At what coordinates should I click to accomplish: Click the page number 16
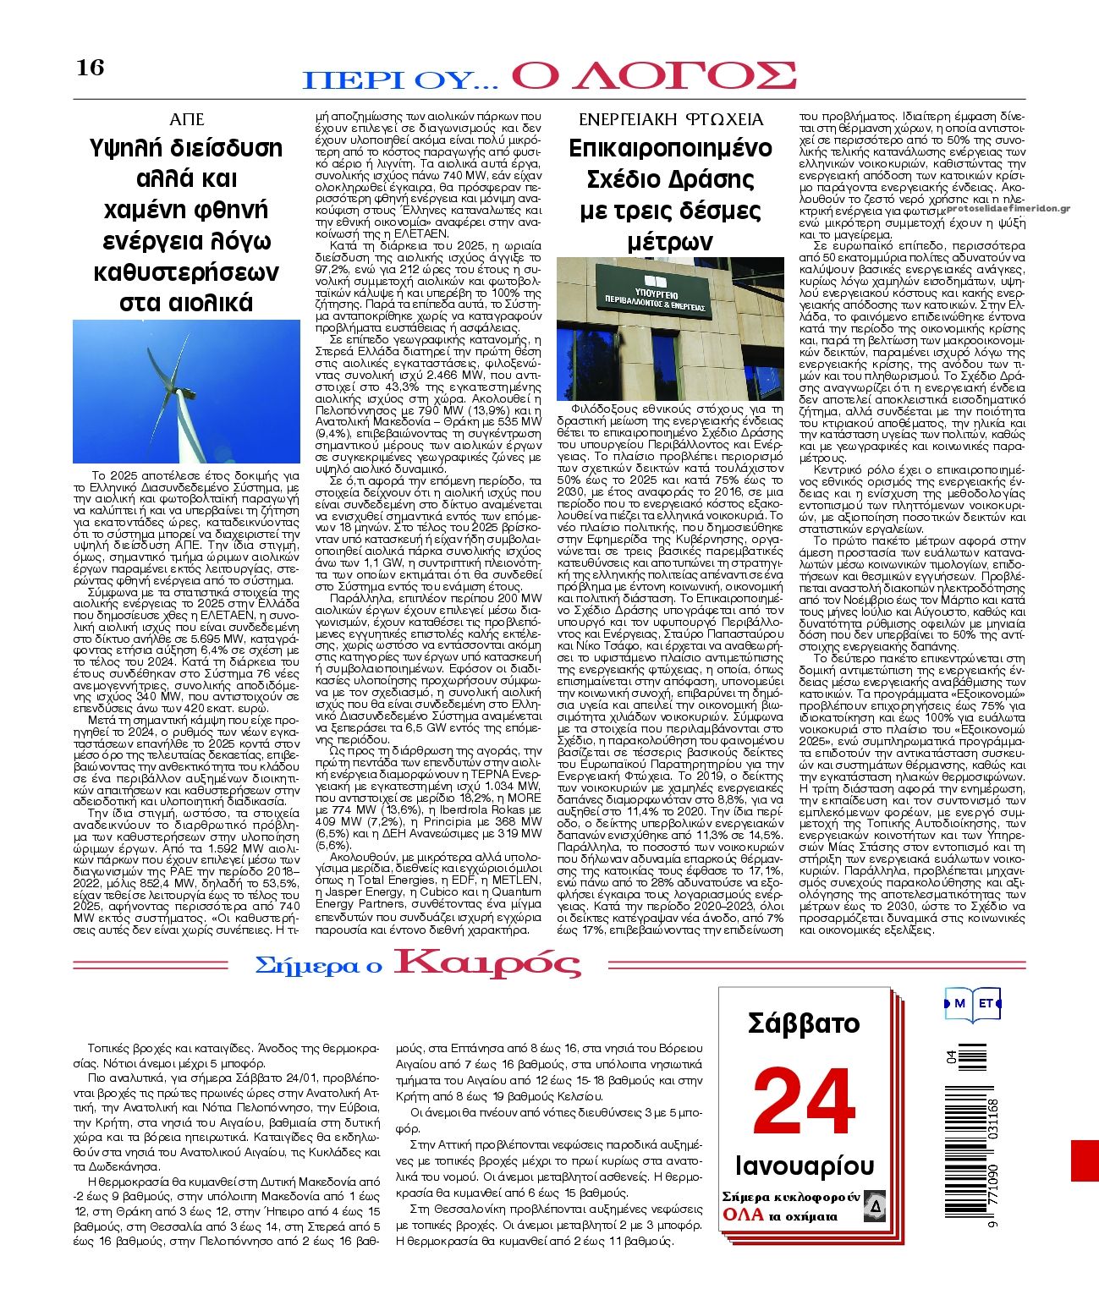point(91,67)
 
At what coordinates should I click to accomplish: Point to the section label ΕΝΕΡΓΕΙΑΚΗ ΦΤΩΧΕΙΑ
point(670,119)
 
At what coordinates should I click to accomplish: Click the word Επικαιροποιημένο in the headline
point(670,148)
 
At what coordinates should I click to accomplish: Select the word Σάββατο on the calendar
point(803,1023)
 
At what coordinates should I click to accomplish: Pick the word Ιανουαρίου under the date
point(804,1166)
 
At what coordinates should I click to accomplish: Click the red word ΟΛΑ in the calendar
point(741,1215)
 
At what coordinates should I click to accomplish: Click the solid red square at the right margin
point(1085,1160)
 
